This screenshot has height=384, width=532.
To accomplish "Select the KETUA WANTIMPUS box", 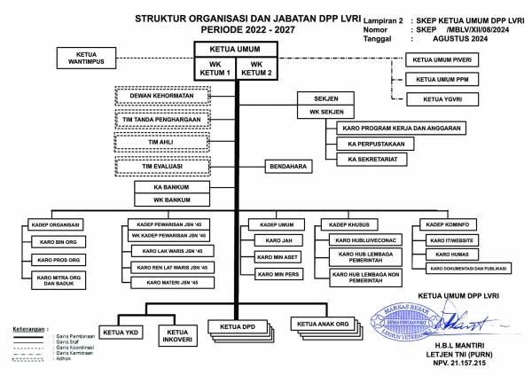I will click(x=89, y=59).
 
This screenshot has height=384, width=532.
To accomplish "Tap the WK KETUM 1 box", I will click(x=215, y=69).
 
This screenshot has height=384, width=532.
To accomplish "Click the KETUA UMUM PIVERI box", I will click(x=443, y=60).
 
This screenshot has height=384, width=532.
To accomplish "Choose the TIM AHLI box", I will click(x=162, y=141).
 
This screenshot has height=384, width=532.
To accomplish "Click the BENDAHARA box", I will click(x=288, y=165).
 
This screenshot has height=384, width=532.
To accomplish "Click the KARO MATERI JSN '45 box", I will click(x=170, y=282).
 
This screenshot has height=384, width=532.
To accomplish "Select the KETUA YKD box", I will click(x=121, y=333).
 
